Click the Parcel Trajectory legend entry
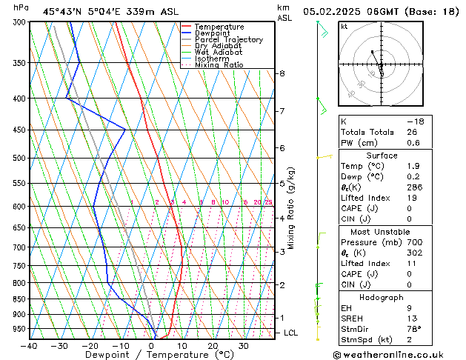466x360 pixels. pyautogui.click(x=228, y=39)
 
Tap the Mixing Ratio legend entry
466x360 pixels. pyautogui.click(x=219, y=65)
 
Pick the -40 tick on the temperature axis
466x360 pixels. pyautogui.click(x=30, y=346)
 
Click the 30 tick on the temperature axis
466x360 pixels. pyautogui.click(x=244, y=346)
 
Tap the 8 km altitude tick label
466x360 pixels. pyautogui.click(x=282, y=73)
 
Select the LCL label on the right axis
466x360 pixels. pyautogui.click(x=291, y=333)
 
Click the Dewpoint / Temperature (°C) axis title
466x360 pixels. pyautogui.click(x=150, y=355)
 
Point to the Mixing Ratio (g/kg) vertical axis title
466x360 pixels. pyautogui.click(x=292, y=208)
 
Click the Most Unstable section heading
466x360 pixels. pyautogui.click(x=382, y=231)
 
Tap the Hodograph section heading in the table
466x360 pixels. pyautogui.click(x=382, y=297)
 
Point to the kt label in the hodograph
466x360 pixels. pyautogui.click(x=344, y=26)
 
